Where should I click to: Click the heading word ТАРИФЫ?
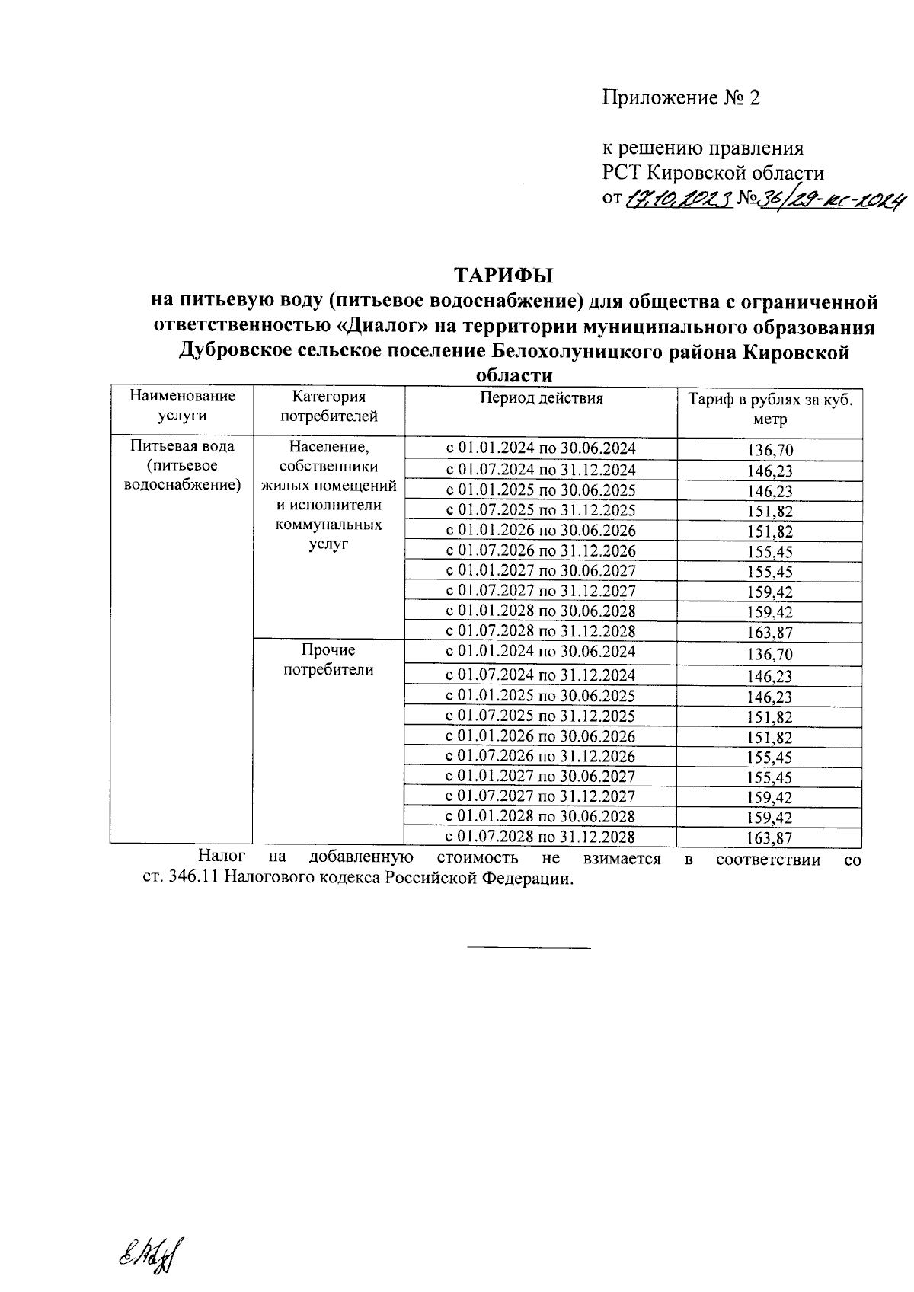point(504,274)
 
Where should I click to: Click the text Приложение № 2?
point(681,98)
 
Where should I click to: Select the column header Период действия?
point(541,398)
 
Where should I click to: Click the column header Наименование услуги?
point(182,406)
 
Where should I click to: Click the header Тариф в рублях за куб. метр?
point(770,410)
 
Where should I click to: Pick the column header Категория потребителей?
point(329,406)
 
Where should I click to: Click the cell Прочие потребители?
point(328,660)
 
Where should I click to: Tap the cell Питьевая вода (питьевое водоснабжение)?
point(182,465)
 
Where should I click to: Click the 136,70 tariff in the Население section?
point(770,451)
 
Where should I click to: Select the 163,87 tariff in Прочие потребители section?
point(770,839)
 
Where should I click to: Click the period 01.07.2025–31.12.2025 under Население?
point(540,510)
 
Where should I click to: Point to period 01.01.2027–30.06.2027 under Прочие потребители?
point(540,777)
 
